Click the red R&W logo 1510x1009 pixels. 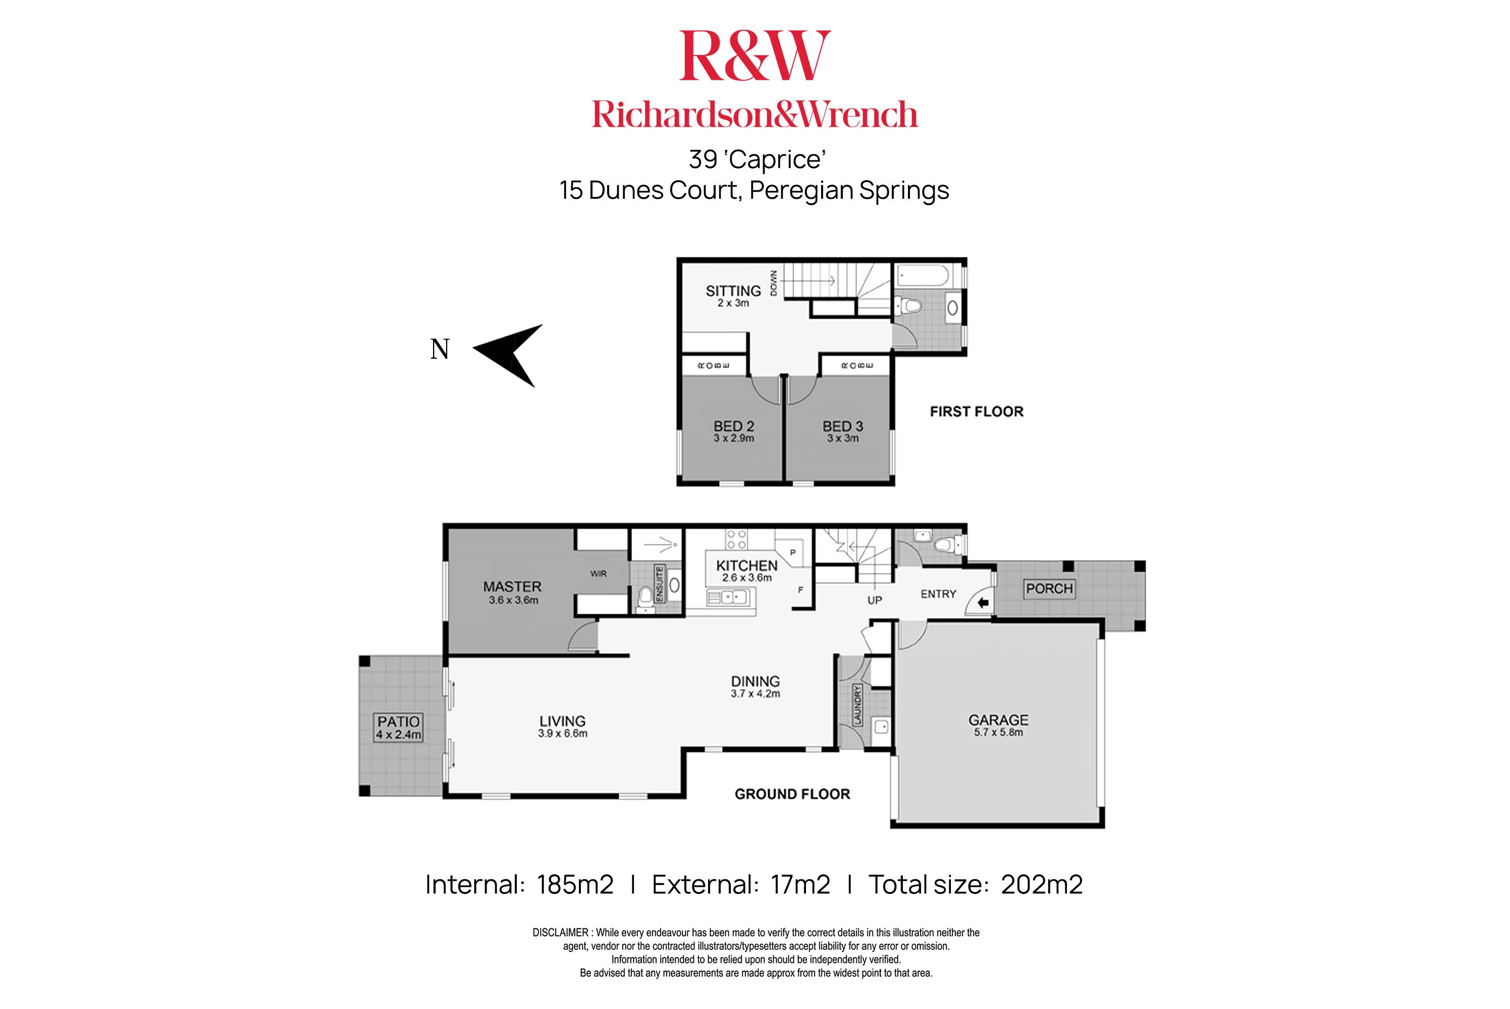click(754, 57)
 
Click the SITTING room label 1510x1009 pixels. click(733, 292)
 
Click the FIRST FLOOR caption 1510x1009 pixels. click(976, 412)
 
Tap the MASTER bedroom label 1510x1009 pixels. click(512, 587)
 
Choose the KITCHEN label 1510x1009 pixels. click(746, 566)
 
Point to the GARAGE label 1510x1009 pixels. click(998, 720)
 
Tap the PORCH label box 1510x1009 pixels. click(1049, 588)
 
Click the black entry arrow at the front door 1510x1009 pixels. click(983, 603)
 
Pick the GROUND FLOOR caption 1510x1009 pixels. click(792, 794)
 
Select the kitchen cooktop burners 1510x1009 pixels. click(736, 539)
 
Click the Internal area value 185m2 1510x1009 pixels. click(575, 885)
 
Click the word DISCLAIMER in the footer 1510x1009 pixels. click(561, 932)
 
